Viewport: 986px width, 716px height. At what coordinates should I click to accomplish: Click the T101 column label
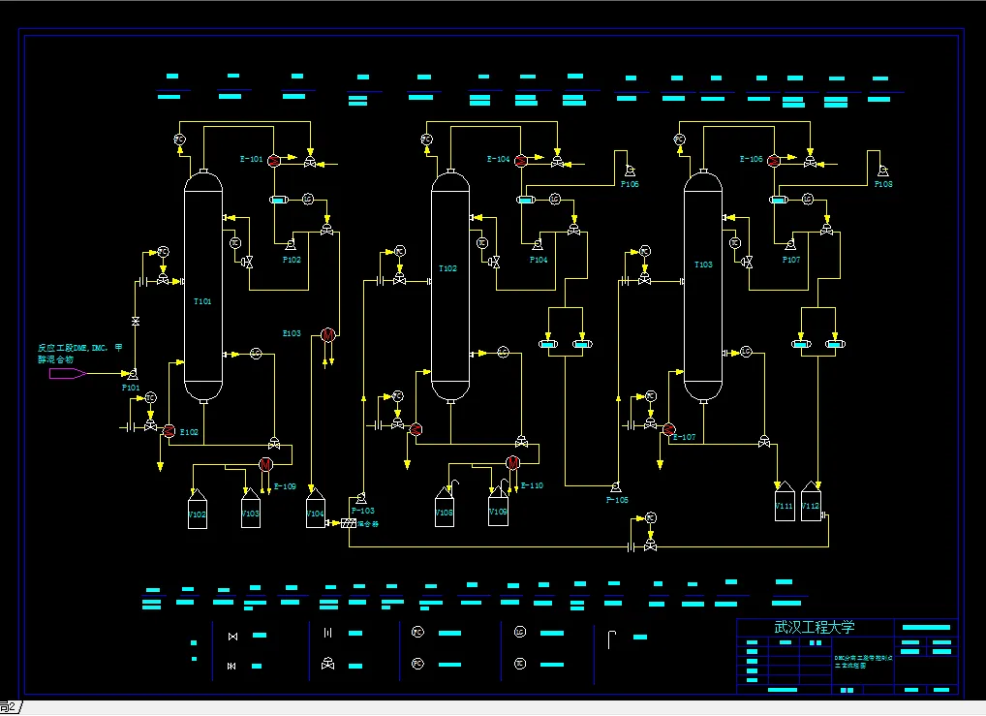coord(201,301)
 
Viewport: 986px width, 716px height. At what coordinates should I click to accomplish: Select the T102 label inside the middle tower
coord(447,268)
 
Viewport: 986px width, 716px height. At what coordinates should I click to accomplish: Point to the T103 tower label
coord(703,265)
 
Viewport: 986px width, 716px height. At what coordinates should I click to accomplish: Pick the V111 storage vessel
coord(785,504)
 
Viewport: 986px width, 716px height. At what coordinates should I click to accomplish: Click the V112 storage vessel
coord(811,504)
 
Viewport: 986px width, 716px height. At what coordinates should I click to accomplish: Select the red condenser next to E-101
coord(274,159)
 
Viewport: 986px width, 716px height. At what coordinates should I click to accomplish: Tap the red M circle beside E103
coord(327,334)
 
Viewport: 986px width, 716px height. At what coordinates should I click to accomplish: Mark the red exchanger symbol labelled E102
coord(169,430)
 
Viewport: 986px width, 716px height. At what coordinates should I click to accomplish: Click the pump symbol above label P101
coord(132,374)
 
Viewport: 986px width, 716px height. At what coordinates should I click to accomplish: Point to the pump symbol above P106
coord(630,171)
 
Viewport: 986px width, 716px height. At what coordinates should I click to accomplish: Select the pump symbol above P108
coord(882,171)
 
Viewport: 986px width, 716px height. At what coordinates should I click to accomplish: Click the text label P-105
coord(617,500)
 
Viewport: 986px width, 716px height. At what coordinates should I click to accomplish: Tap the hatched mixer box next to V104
coord(348,523)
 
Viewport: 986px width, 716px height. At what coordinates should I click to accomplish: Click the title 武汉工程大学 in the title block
coord(815,627)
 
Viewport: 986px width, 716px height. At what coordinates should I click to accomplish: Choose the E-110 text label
coord(532,485)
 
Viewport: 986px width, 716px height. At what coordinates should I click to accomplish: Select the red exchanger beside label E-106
coord(773,161)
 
